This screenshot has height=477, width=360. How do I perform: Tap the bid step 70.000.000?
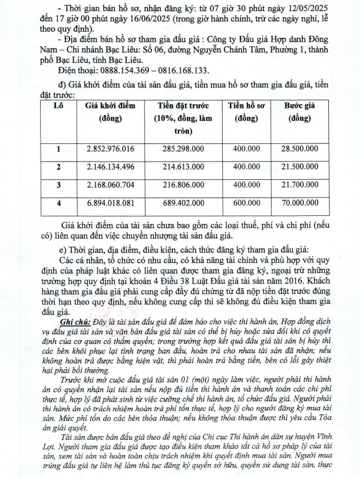(x=299, y=205)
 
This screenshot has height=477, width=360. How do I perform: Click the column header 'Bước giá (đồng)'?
(x=299, y=111)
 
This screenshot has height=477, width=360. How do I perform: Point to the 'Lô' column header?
(x=58, y=106)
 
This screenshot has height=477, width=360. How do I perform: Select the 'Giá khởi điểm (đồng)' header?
(x=110, y=111)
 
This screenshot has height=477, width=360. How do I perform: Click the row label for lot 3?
(x=58, y=186)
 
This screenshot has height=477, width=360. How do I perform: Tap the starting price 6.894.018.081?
(x=110, y=205)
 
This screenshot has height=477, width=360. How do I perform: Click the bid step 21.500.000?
(x=299, y=167)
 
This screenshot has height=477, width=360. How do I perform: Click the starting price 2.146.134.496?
(x=110, y=167)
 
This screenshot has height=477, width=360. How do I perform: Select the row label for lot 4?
(x=58, y=205)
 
